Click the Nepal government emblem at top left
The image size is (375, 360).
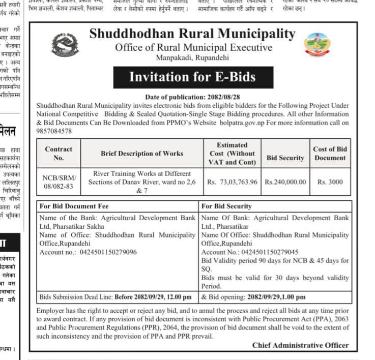(x=65, y=45)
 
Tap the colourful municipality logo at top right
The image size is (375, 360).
(x=316, y=45)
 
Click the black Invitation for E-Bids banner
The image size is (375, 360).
(x=192, y=77)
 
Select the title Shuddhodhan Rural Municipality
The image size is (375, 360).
(x=192, y=34)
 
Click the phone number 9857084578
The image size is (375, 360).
(x=54, y=131)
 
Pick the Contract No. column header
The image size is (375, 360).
(x=59, y=154)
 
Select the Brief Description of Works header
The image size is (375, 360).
(x=142, y=154)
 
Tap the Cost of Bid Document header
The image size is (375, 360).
(x=330, y=154)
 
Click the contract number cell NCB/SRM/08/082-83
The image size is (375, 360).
(x=59, y=182)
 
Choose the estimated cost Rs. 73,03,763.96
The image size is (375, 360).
(x=233, y=182)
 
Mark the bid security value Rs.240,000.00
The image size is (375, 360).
(x=285, y=182)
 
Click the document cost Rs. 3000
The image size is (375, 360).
(x=330, y=182)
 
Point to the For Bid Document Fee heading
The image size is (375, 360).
(x=74, y=206)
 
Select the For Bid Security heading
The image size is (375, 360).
(x=226, y=206)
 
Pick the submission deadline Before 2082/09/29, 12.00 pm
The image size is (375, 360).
(x=153, y=297)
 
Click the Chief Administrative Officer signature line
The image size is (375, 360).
(x=300, y=345)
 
